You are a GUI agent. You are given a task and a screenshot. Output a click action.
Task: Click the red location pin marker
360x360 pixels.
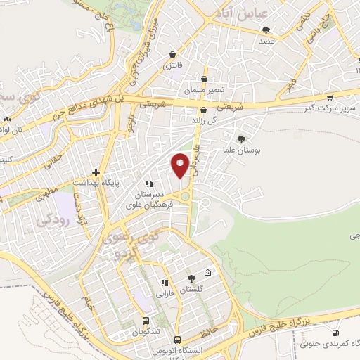[181, 165]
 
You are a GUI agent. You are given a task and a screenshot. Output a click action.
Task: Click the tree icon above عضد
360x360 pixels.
[266, 30]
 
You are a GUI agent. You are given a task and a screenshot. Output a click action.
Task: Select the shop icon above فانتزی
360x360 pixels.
[172, 53]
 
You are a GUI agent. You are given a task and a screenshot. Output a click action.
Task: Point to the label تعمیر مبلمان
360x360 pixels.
[204, 92]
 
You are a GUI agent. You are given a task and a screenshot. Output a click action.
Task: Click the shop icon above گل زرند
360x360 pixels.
[203, 110]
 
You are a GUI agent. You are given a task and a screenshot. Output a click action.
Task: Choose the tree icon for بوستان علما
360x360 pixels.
[242, 139]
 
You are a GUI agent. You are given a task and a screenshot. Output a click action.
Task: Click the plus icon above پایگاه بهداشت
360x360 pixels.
[96, 172]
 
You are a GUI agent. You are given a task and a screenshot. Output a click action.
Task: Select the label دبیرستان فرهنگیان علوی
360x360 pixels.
[144, 200]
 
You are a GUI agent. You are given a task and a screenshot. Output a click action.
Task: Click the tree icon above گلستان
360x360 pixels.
[190, 278]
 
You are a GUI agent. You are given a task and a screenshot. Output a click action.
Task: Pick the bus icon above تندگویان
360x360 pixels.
[146, 319]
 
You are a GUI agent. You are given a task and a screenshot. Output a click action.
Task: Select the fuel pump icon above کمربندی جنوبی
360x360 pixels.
[336, 333]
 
